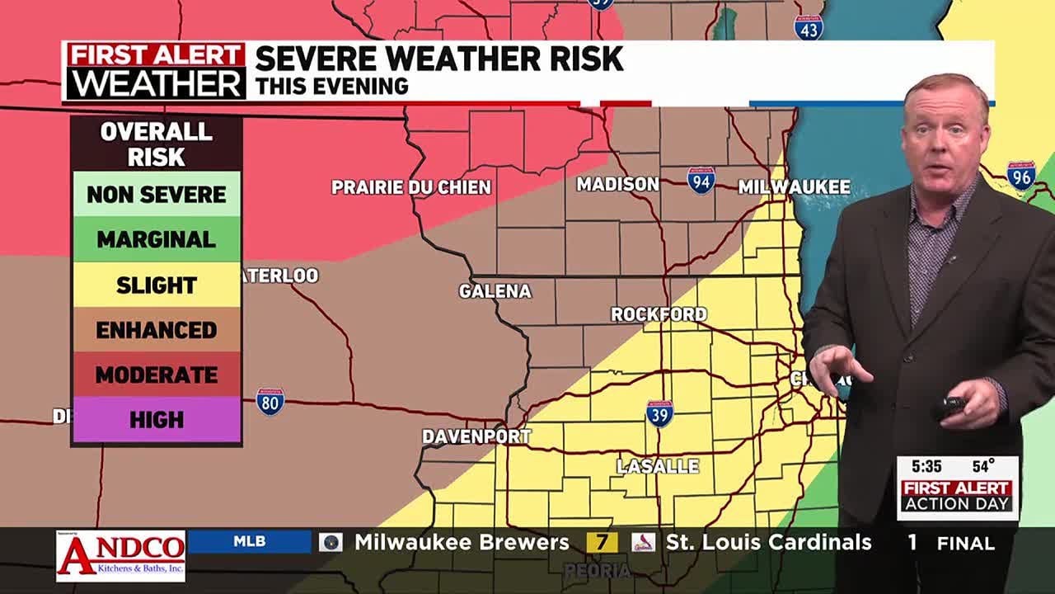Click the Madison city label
(x=617, y=184)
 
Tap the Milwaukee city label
(x=794, y=187)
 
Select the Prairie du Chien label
(x=410, y=187)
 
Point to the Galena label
(x=495, y=291)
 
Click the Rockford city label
(x=659, y=314)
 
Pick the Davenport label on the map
(x=476, y=436)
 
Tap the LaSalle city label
(x=658, y=467)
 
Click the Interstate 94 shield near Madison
(x=701, y=180)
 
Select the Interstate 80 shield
(x=270, y=401)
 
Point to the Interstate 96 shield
(x=1021, y=175)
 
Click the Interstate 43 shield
(x=809, y=27)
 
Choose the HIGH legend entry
(x=156, y=420)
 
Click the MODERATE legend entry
(x=156, y=375)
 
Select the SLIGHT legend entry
(x=156, y=285)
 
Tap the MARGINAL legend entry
(x=156, y=240)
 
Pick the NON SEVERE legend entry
(x=156, y=195)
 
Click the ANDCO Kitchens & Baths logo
(x=120, y=554)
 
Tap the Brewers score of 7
(x=602, y=543)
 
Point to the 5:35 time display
(x=926, y=467)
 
